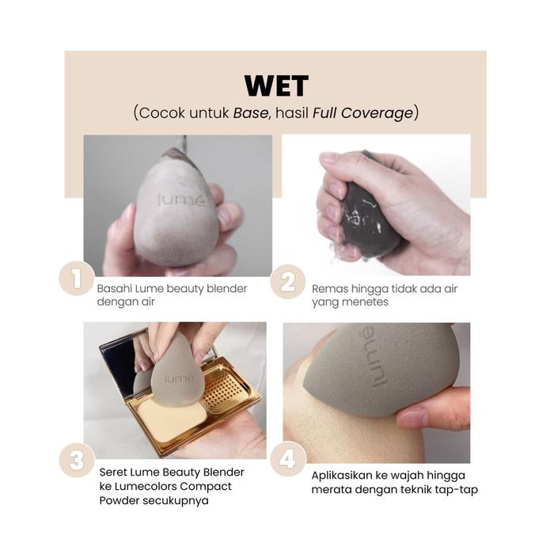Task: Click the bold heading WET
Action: coord(276,86)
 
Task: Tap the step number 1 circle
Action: coord(77,279)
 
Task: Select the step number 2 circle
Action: coord(288,282)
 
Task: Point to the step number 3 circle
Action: coord(77,461)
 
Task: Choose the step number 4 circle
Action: coord(288,459)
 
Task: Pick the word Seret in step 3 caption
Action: coord(112,472)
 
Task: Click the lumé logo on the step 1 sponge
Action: coord(181,200)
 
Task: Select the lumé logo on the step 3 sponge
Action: coord(180,379)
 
